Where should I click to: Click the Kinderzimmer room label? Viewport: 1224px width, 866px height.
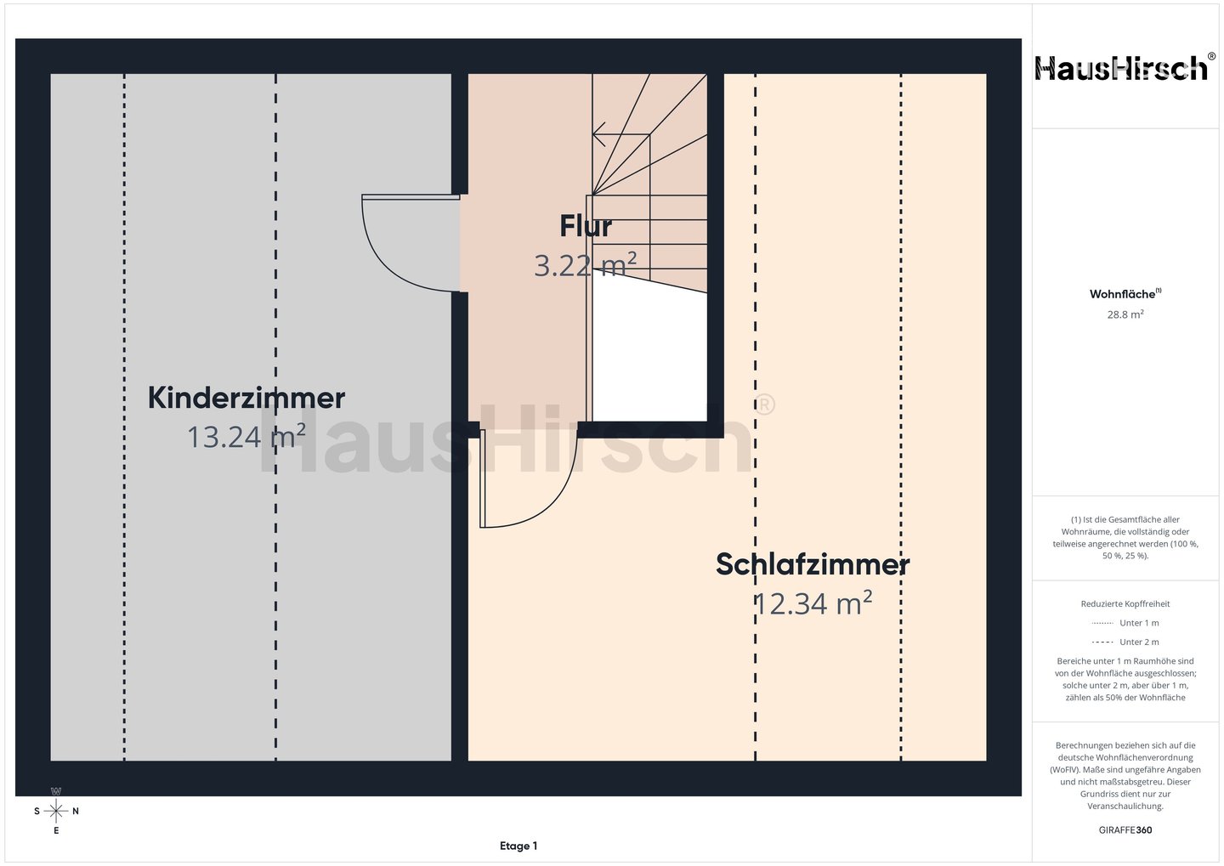246,398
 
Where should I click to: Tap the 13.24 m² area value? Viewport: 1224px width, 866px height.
246,436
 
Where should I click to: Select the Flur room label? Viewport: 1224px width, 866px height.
585,226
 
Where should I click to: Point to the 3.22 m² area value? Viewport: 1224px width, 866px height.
585,265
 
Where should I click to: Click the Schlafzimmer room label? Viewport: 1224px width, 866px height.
813,564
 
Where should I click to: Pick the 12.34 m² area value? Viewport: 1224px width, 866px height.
813,603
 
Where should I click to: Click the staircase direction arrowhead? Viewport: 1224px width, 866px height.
598,134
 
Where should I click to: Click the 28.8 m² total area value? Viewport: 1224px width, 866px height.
1125,314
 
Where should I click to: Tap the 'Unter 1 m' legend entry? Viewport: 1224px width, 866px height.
1125,623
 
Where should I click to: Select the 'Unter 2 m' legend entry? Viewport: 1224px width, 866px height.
1125,642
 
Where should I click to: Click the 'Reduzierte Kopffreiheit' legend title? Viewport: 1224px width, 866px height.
1125,603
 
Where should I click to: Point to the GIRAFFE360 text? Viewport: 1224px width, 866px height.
1125,830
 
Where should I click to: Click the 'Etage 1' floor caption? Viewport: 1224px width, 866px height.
518,846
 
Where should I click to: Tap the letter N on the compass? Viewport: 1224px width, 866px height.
76,812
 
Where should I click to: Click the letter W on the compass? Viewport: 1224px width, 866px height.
56,791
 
